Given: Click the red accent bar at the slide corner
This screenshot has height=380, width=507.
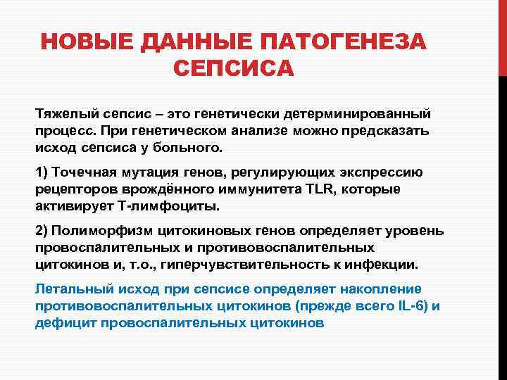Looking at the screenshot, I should coord(502,35).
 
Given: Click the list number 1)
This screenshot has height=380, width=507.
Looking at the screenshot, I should coord(42,173).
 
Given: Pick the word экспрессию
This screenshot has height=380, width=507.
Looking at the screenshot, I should coord(401,173).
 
